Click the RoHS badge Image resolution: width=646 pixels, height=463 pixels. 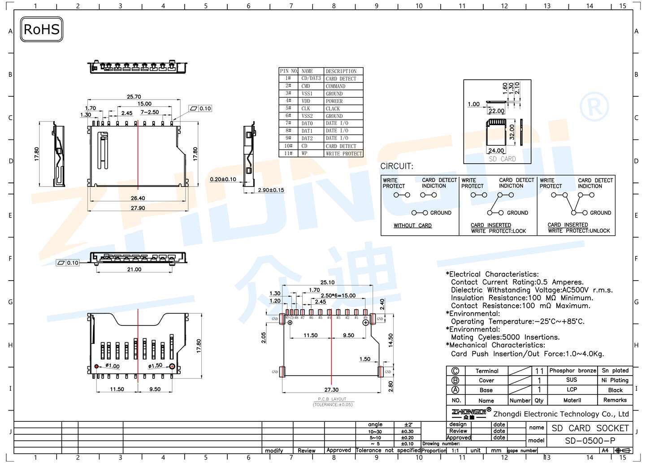pyautogui.click(x=41, y=30)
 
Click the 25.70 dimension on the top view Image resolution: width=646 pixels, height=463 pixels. pyautogui.click(x=134, y=96)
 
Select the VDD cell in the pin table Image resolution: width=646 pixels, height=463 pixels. pyautogui.click(x=306, y=101)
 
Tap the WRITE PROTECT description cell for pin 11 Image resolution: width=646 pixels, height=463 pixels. pyautogui.click(x=343, y=154)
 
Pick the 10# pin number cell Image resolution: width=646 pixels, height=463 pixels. pyautogui.click(x=288, y=146)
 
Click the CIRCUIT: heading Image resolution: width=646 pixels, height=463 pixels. pyautogui.click(x=397, y=166)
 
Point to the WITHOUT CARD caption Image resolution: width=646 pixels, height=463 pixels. pyautogui.click(x=412, y=225)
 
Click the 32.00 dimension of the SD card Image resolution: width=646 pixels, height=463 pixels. pyautogui.click(x=512, y=132)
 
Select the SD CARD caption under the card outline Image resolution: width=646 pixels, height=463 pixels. pyautogui.click(x=502, y=159)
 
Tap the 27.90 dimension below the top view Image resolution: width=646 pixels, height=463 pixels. pyautogui.click(x=138, y=208)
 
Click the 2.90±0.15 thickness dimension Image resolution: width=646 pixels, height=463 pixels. pyautogui.click(x=271, y=190)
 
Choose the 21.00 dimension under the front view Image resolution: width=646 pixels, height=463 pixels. pyautogui.click(x=134, y=269)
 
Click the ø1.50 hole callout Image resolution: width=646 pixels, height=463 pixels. pyautogui.click(x=155, y=366)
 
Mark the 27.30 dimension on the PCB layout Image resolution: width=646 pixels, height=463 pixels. pyautogui.click(x=331, y=390)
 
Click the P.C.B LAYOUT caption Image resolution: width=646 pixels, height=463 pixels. pyautogui.click(x=332, y=399)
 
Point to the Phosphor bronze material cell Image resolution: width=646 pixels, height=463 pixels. pyautogui.click(x=572, y=371)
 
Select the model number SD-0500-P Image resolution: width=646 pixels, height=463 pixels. pyautogui.click(x=590, y=441)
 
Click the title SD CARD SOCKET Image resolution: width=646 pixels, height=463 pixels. pyautogui.click(x=590, y=428)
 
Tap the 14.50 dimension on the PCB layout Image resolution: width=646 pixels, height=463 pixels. pyautogui.click(x=390, y=340)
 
